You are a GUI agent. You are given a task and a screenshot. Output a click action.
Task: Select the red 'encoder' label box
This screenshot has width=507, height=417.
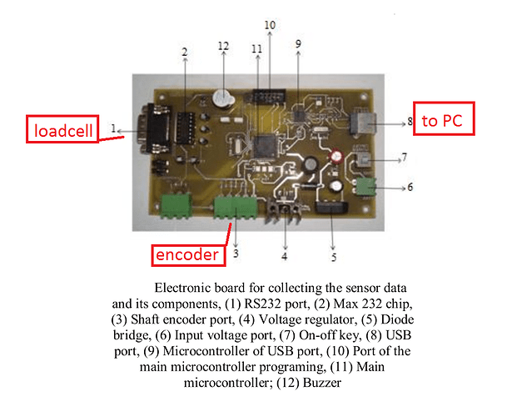pos(189,254)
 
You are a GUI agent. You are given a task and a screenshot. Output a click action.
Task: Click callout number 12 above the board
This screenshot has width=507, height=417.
pos(222,46)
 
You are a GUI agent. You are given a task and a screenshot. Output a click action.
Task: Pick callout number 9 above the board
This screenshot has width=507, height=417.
pos(298,43)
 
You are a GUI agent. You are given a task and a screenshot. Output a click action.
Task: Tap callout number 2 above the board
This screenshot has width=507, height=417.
pos(184,52)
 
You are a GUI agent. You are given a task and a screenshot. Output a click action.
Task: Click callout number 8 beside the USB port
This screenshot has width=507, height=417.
pos(410,122)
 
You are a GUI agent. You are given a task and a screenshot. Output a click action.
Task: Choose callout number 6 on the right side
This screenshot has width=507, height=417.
pos(409,188)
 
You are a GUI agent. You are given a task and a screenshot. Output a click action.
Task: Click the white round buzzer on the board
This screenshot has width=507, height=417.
pos(221,98)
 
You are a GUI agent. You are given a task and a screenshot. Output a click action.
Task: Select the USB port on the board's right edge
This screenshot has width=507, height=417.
pos(364,123)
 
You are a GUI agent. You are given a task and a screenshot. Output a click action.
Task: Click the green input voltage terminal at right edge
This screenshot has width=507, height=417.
pos(364,185)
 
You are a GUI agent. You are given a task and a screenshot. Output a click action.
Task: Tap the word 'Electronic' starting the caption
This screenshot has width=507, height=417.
pos(181,287)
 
